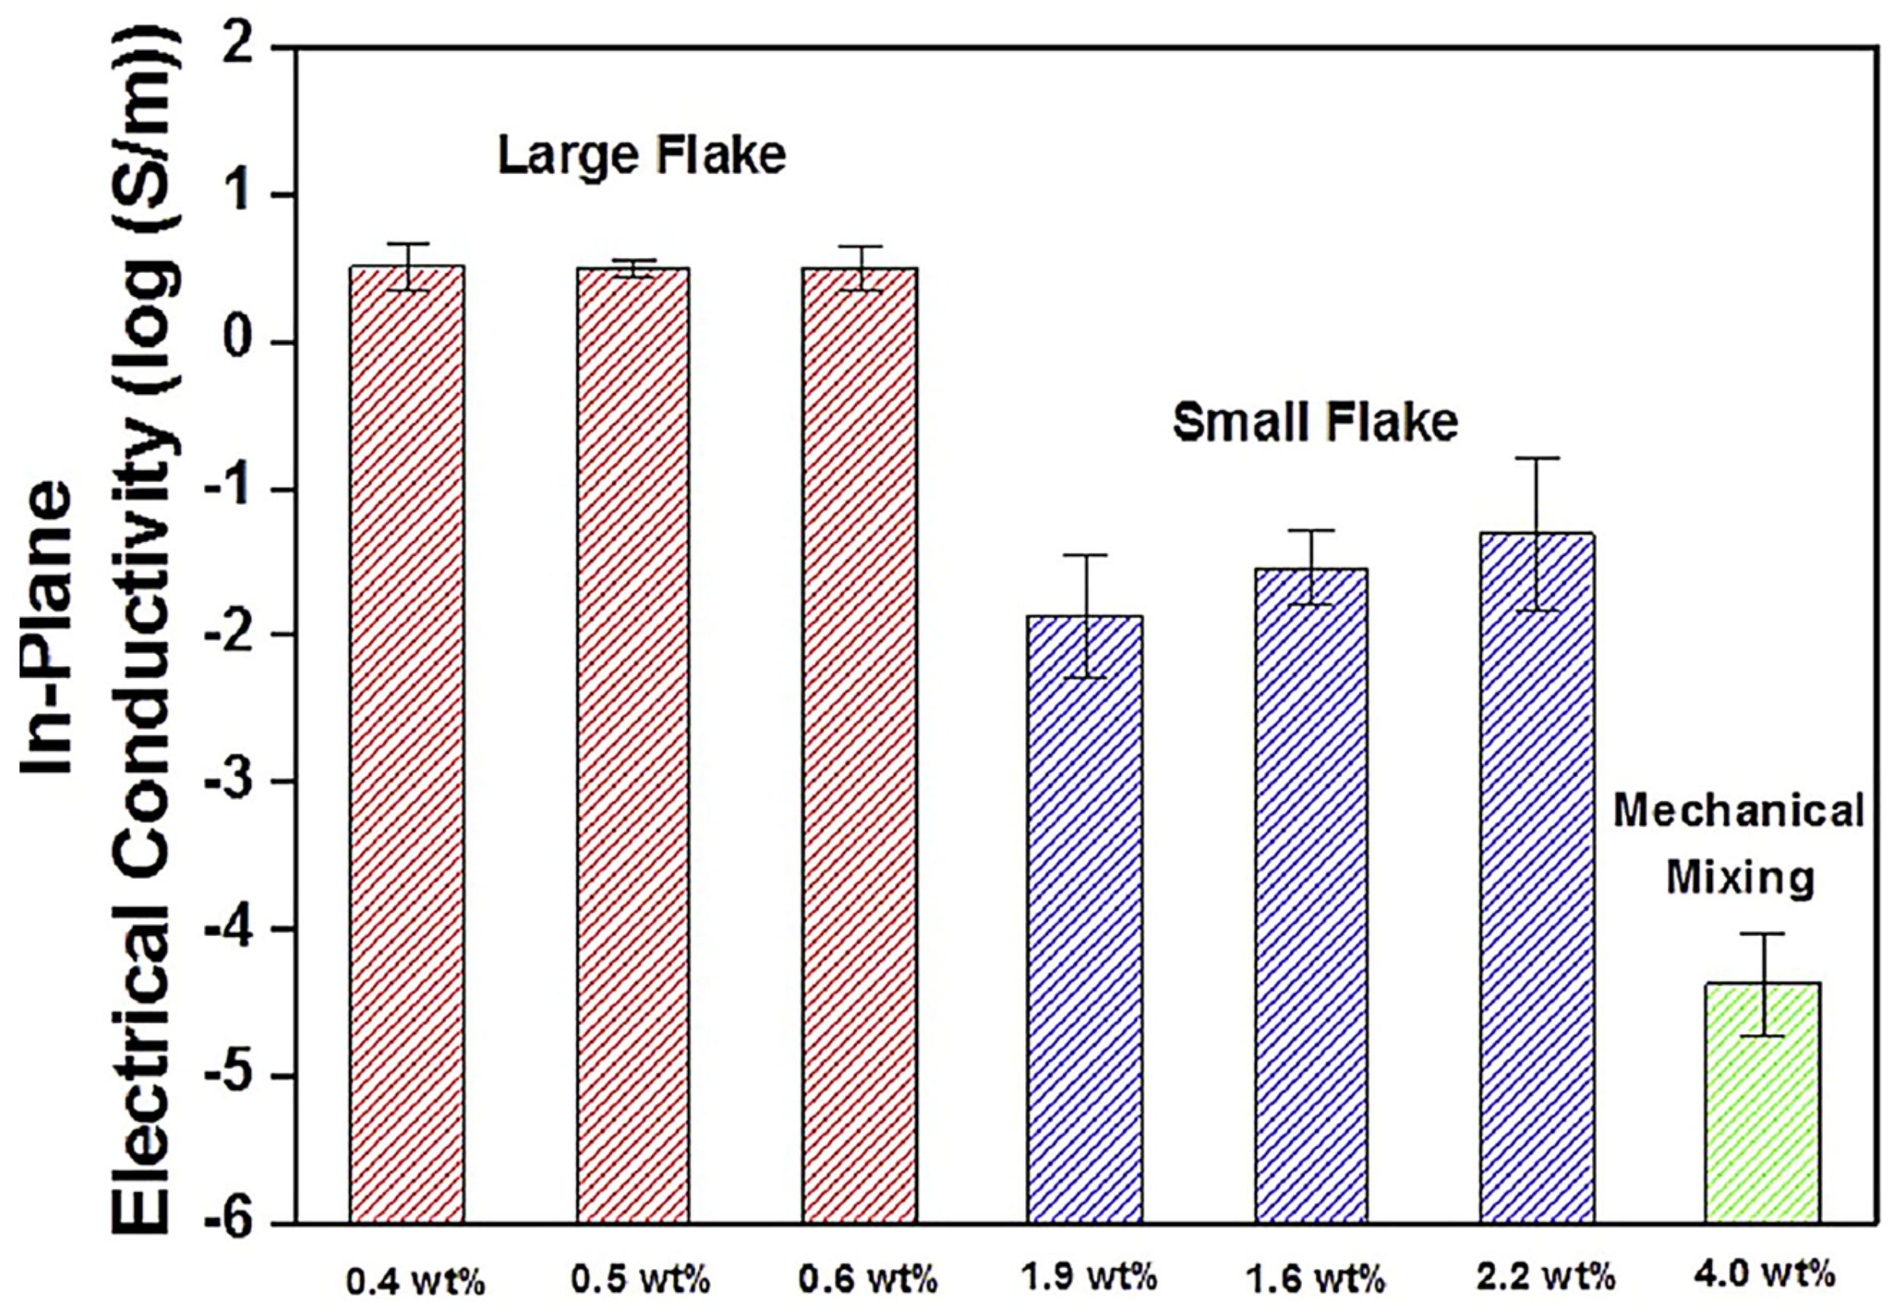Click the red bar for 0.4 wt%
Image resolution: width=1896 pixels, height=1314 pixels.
pos(407,741)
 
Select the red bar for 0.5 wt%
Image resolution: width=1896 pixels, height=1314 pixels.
pos(632,741)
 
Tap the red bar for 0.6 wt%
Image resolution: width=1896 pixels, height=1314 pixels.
pos(859,741)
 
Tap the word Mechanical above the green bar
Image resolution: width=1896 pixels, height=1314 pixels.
pos(1738,811)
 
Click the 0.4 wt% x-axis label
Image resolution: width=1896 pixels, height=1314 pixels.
pos(416,1282)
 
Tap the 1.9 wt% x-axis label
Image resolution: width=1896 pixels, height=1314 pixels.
pos(1089,1277)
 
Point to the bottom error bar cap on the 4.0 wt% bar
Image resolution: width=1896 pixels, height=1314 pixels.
pos(1763,1036)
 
